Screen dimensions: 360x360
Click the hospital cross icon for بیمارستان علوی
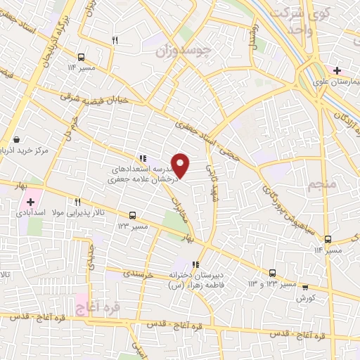337,71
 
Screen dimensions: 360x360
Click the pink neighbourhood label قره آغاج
97,307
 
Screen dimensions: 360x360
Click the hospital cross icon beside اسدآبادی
31,202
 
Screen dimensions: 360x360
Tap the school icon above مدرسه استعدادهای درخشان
143,159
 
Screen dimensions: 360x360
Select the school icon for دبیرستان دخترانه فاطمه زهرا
195,264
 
